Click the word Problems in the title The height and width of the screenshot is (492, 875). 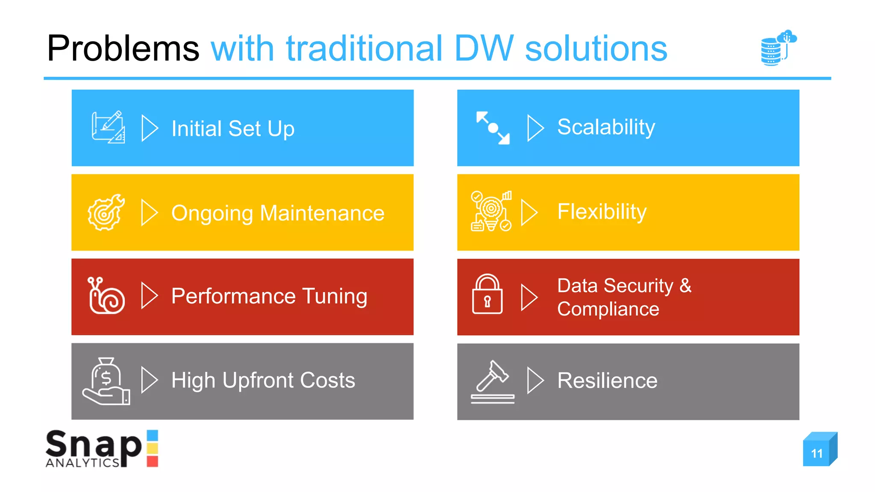coord(123,49)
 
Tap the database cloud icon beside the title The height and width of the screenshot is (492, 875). coord(778,47)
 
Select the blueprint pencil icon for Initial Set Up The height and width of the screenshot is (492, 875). coord(108,127)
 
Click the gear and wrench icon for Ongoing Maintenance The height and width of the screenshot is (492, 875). coord(106,212)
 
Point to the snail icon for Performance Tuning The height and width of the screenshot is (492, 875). coord(106,296)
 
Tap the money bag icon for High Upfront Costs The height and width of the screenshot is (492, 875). coord(106,381)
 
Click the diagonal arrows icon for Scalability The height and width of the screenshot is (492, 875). coord(493,128)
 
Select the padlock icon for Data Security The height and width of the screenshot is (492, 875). coord(487,295)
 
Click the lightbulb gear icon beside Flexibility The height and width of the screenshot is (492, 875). coord(491,211)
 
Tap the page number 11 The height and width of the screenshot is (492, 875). coord(817,453)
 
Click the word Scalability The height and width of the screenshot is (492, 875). coord(606,127)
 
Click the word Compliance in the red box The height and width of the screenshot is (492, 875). coord(608,309)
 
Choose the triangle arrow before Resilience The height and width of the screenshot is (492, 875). coord(534,380)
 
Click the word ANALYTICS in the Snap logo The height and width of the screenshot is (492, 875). coord(82,463)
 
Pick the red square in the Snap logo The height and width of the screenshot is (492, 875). coord(153,461)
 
